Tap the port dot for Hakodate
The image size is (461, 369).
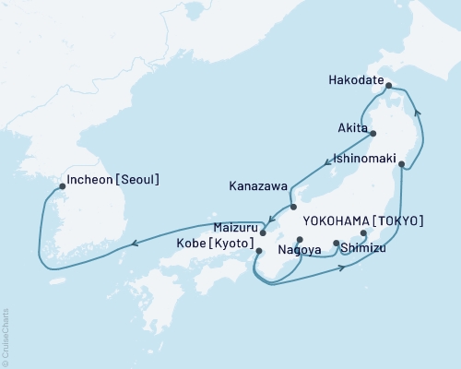pos(389,87)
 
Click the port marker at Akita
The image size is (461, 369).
pos(373,134)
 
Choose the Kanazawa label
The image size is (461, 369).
pos(257,185)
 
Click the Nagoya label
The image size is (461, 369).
pos(298,249)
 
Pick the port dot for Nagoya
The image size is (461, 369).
pos(300,240)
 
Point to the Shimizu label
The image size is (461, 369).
pos(362,247)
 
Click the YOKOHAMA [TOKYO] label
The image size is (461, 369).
pos(362,220)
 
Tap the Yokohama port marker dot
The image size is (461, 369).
pos(363,232)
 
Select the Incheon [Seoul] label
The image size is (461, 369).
pos(113,180)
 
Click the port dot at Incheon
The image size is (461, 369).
pos(62,186)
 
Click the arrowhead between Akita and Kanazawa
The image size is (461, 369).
pos(328,163)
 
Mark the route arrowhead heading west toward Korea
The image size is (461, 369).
pos(136,244)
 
